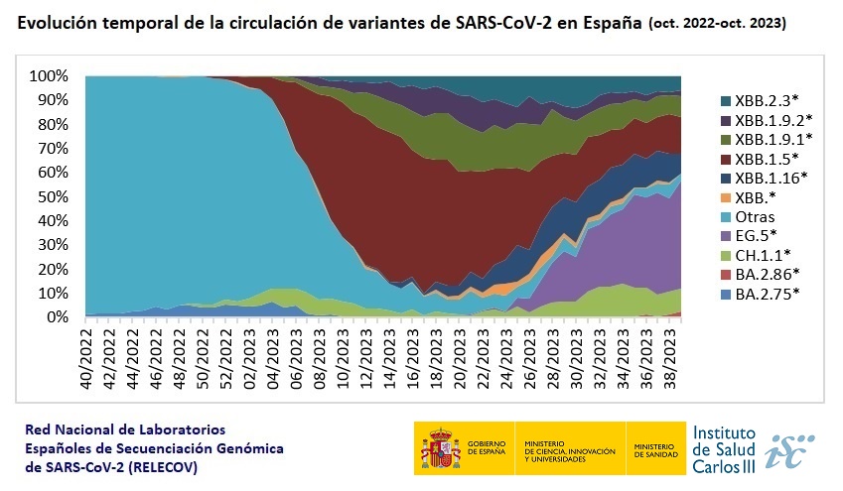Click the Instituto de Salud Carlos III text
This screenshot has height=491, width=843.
[724, 448]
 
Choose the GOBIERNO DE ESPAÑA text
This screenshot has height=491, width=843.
[485, 448]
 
